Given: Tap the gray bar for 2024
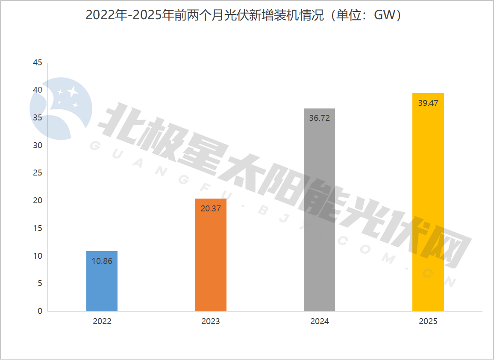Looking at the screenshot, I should [x=319, y=214].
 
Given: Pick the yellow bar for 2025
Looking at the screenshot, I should [x=428, y=205].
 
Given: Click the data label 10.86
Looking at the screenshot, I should [x=102, y=261].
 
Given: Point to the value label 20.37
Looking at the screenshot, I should [x=211, y=208].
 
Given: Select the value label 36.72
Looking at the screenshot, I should [x=319, y=118].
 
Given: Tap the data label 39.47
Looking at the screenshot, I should [x=428, y=103].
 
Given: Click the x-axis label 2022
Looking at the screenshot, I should [x=102, y=322].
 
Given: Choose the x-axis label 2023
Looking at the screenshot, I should [x=211, y=322].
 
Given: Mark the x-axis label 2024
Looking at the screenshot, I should [x=320, y=322].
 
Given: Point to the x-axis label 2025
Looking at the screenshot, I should [x=428, y=322].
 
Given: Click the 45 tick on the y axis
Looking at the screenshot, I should [x=38, y=63].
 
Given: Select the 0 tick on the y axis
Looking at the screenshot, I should [x=40, y=311].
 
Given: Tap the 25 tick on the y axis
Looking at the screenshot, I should [x=38, y=173].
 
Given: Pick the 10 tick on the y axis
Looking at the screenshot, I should [x=38, y=256].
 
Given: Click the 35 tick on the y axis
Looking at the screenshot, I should [x=38, y=118].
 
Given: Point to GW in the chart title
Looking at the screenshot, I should [x=382, y=15].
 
